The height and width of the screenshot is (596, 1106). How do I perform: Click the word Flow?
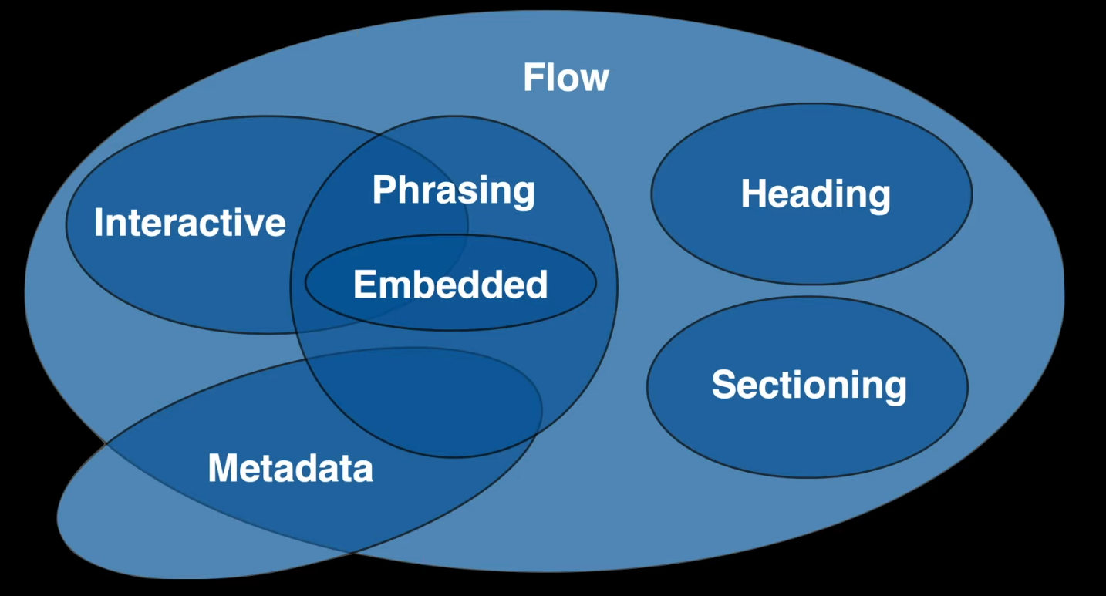(566, 78)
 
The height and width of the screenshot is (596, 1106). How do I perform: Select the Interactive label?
(190, 222)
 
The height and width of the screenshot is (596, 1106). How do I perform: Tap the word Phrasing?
(454, 190)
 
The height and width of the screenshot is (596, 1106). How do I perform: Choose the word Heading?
(816, 194)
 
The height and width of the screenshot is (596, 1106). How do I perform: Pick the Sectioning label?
(809, 386)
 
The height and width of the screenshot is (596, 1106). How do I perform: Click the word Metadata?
(290, 467)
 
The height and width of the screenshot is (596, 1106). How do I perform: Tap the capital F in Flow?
(534, 78)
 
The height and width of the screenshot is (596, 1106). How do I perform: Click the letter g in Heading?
(877, 200)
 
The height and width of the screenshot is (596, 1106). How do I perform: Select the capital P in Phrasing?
(385, 189)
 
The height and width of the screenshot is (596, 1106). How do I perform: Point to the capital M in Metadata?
(223, 467)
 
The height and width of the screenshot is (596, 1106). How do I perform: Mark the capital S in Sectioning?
(723, 384)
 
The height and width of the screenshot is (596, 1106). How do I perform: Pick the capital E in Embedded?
(365, 284)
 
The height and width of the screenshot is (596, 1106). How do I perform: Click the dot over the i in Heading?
(832, 180)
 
